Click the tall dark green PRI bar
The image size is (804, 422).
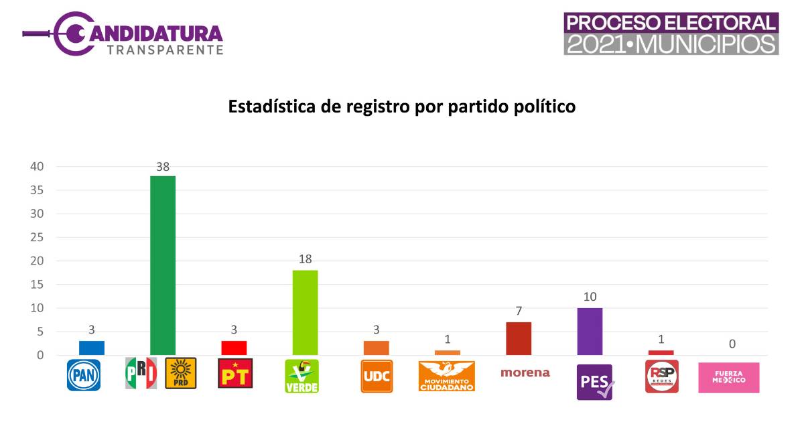[x=163, y=265]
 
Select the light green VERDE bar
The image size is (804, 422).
[x=305, y=312]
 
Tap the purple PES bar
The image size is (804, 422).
[x=590, y=332]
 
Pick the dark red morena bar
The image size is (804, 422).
[x=519, y=338]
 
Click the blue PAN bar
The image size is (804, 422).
[x=92, y=348]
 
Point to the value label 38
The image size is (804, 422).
[x=163, y=167]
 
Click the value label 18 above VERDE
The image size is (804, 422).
[x=305, y=259]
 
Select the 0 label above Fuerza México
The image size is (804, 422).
[x=732, y=344]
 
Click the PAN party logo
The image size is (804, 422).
[x=84, y=375]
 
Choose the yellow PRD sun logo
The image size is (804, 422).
[x=181, y=373]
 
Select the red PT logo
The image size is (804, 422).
[x=235, y=373]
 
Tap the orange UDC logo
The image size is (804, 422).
[x=377, y=376]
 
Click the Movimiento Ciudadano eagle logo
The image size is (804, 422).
[x=446, y=376]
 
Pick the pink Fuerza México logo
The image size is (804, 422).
[x=729, y=377]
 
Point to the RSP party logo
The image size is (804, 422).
[x=661, y=376]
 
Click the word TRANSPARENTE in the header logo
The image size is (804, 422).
[x=165, y=50]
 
